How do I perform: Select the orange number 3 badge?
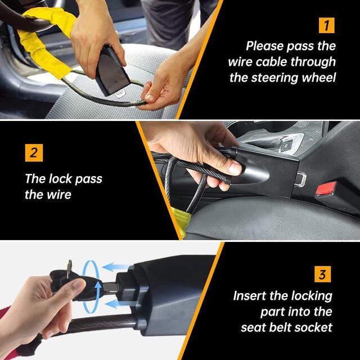pos(322,275)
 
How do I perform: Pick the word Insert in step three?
pos(252,296)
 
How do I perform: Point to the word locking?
pos(307,296)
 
